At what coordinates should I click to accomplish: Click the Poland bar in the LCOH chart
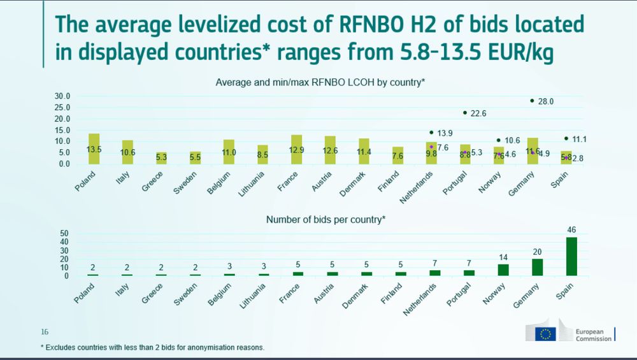click(94, 148)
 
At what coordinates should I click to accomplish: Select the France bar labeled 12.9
click(297, 149)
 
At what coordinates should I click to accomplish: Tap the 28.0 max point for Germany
click(532, 101)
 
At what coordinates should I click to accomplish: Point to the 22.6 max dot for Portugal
click(465, 113)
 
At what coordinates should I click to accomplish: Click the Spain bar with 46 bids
click(571, 256)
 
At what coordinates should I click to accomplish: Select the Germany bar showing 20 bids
click(538, 267)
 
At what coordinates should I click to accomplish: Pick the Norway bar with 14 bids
click(503, 270)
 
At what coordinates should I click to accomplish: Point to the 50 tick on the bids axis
click(64, 233)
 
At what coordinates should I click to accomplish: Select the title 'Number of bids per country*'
click(326, 219)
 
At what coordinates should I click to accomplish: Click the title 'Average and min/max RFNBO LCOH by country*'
click(320, 82)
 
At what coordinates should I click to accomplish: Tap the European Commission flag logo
click(546, 333)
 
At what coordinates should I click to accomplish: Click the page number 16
click(45, 332)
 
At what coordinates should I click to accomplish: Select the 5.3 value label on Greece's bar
click(162, 157)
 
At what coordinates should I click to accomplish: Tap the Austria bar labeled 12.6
click(330, 150)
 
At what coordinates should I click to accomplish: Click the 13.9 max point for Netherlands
click(431, 133)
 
